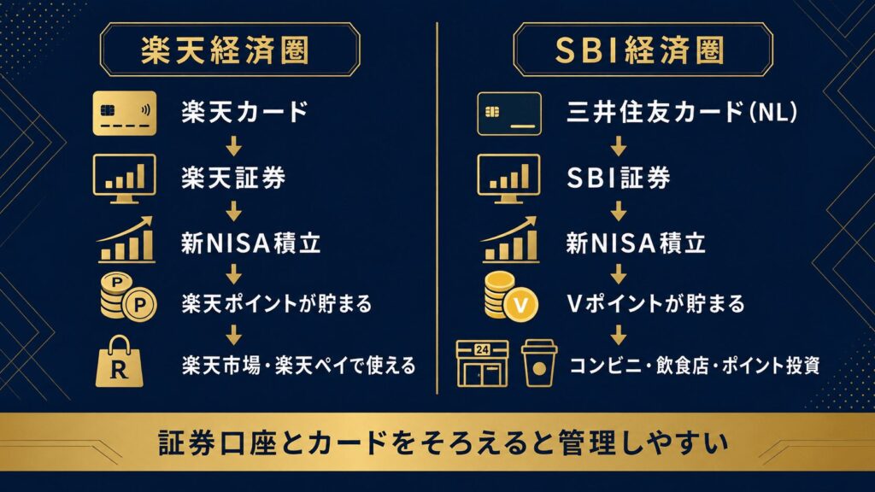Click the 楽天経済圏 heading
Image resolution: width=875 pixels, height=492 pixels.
225,50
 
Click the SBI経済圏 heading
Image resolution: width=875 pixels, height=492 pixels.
639,50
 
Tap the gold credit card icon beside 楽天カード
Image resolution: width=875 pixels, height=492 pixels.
125,114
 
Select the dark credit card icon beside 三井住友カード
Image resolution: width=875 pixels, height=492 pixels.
509,114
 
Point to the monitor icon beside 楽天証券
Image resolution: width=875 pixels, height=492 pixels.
125,179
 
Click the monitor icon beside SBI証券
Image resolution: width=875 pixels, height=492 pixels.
508,179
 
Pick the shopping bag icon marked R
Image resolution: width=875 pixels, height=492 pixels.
120,361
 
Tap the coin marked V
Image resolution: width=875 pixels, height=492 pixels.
522,305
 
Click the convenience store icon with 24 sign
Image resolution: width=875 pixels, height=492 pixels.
482,364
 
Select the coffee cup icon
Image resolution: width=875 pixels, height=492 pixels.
539,363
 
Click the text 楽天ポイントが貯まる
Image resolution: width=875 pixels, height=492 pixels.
276,304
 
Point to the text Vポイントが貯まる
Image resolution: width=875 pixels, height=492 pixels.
655,304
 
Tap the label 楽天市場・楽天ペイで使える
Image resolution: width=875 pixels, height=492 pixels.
298,366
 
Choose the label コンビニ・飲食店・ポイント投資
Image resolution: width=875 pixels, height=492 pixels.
694,366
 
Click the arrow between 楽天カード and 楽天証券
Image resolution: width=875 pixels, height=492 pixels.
234,145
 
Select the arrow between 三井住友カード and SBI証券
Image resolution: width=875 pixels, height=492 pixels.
618,145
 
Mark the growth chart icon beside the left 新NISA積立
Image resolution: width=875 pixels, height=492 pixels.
126,240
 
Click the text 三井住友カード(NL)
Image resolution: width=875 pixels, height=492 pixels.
682,112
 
